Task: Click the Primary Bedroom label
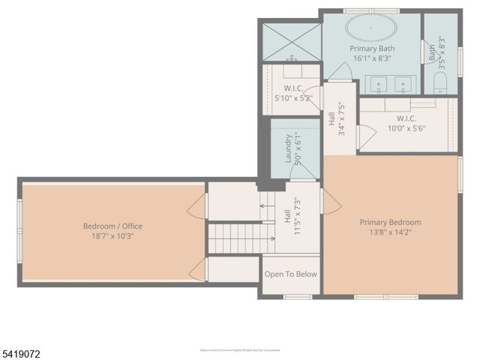coord(390,222)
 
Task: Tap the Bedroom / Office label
coord(112,226)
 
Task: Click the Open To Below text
coord(290,274)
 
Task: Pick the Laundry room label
coord(288,148)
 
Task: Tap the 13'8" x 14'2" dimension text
coord(390,232)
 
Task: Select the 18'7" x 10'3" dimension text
coord(112,236)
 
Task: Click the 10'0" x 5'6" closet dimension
coord(406,129)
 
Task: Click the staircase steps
coord(234,239)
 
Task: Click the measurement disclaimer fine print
coord(240,349)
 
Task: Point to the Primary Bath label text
coord(372,47)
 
